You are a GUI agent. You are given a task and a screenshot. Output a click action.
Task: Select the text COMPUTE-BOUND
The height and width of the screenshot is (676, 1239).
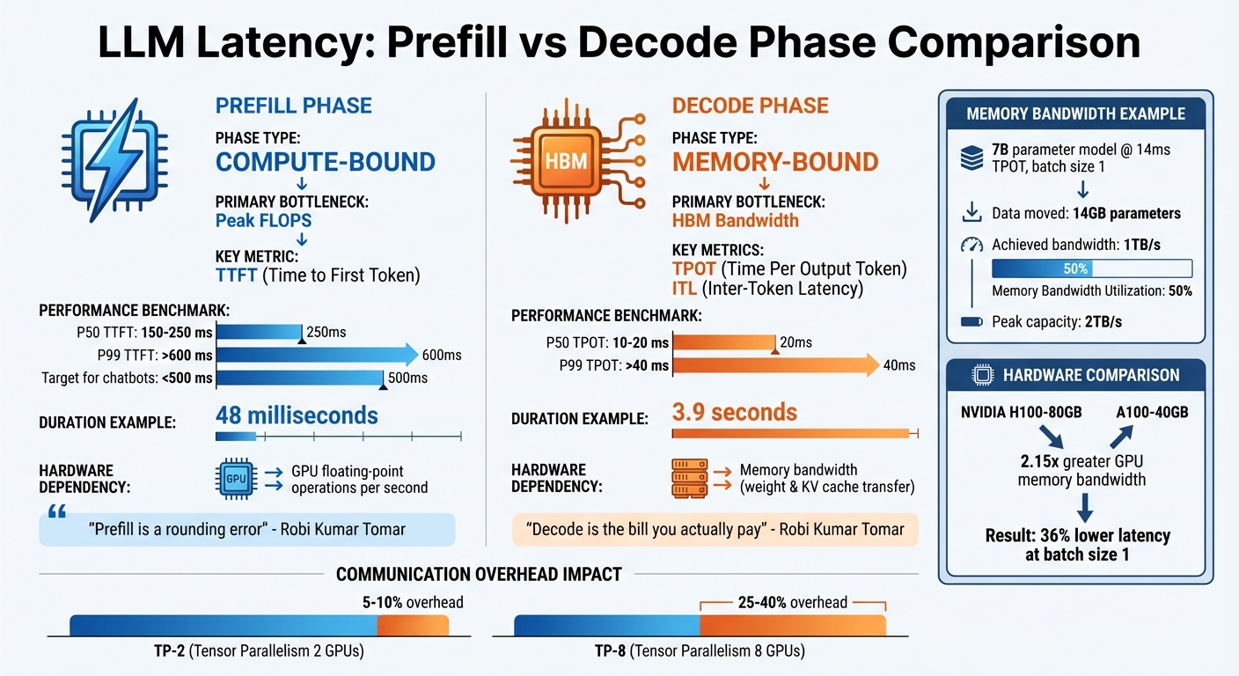tap(326, 162)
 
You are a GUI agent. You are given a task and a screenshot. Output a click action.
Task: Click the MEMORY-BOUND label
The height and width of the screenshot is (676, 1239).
tap(774, 162)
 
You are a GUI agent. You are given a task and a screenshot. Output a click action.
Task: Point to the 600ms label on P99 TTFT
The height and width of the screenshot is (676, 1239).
tap(442, 355)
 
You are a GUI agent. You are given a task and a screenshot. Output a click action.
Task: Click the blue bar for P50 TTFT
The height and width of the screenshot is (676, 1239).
tap(259, 332)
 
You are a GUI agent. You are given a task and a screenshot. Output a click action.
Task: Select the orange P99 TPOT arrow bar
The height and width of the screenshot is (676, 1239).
tap(774, 365)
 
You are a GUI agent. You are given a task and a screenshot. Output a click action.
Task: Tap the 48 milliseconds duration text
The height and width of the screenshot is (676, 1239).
tap(297, 415)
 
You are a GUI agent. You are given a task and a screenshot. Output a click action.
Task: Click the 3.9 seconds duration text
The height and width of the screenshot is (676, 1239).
tap(734, 412)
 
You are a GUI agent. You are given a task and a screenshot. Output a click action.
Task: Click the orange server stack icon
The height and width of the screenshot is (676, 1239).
tap(688, 478)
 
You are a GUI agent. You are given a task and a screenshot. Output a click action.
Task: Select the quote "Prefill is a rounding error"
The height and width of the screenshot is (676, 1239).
tap(247, 530)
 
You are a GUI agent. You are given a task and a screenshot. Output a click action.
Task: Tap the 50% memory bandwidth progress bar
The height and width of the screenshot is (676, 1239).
tap(1091, 268)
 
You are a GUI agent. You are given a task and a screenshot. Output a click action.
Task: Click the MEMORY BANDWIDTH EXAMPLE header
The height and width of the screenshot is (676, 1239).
tap(1075, 114)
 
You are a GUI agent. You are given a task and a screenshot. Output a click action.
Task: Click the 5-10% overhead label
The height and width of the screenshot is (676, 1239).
tap(411, 602)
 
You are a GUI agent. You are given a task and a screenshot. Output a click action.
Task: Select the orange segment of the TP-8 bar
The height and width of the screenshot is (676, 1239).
tap(792, 625)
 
